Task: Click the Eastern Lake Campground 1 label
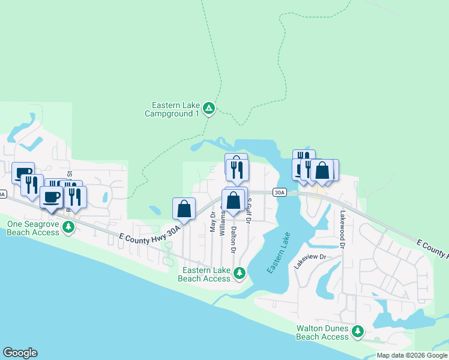click(172, 109)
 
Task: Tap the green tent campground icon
click(208, 109)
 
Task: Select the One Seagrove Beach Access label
click(32, 227)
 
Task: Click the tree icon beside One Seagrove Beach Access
click(69, 226)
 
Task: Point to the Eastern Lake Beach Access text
click(204, 274)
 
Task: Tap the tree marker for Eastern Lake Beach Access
click(240, 274)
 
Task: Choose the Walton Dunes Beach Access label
click(322, 332)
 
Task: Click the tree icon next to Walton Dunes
click(358, 331)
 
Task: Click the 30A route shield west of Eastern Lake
click(279, 192)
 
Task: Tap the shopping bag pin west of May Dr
click(184, 209)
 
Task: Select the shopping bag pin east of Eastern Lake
click(322, 170)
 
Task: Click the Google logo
click(20, 353)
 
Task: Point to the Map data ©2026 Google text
click(411, 355)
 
